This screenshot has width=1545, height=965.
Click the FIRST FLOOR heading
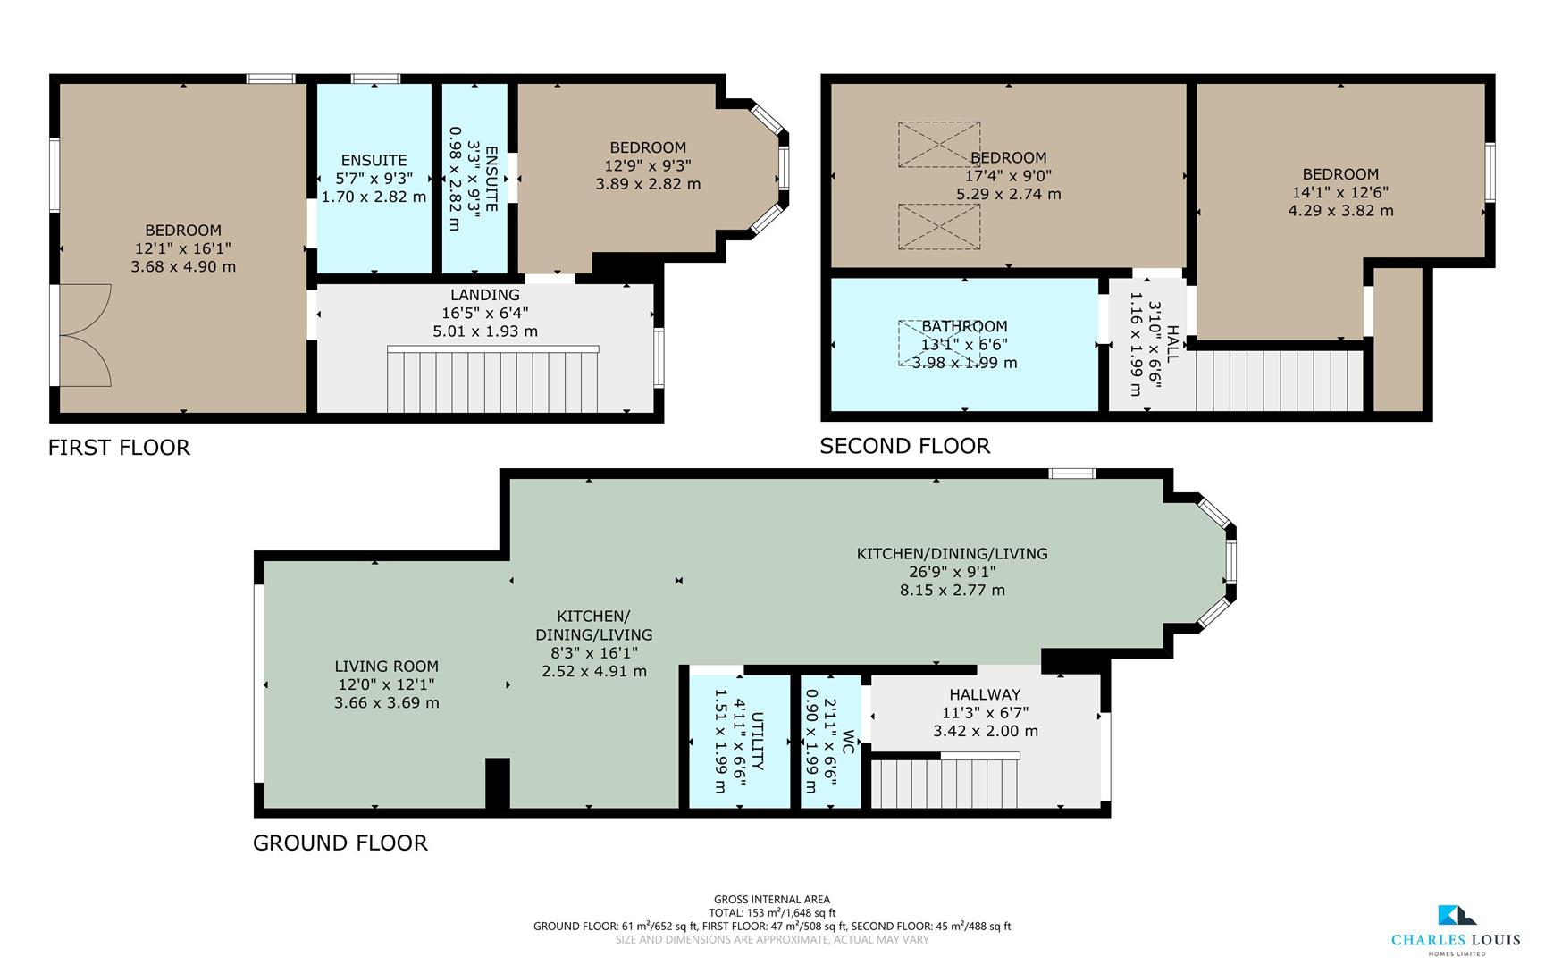[119, 448]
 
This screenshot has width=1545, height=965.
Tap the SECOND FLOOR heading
[904, 446]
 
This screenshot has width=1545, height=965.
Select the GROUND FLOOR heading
[340, 843]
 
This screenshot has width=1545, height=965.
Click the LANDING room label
[485, 295]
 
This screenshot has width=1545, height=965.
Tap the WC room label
[848, 742]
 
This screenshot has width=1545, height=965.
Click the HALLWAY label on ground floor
[985, 694]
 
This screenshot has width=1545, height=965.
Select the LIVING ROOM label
[386, 666]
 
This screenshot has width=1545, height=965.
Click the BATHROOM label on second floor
[964, 326]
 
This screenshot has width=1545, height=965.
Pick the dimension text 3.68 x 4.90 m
[183, 266]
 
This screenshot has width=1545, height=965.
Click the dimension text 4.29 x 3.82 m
[1340, 211]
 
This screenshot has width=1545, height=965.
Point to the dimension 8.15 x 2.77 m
[952, 590]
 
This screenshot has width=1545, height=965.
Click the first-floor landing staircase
[492, 380]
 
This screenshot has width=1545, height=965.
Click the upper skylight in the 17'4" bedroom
[938, 144]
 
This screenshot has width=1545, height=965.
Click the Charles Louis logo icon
[1457, 915]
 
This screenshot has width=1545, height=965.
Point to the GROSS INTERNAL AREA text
[771, 900]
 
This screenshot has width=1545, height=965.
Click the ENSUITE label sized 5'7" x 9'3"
[374, 160]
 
